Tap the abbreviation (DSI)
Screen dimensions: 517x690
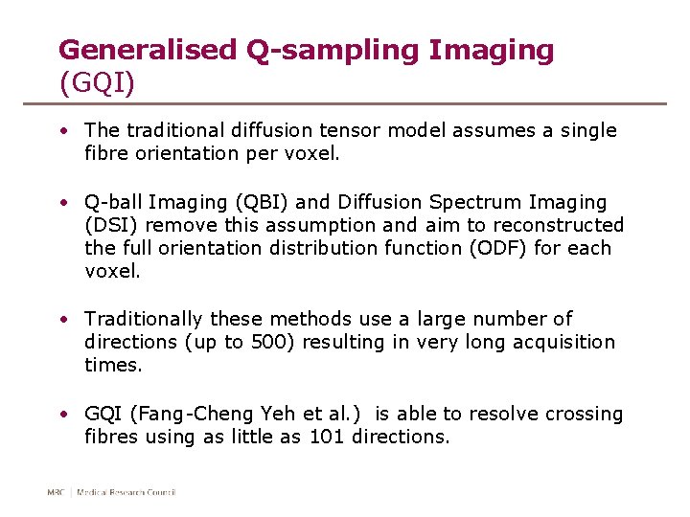pos(110,226)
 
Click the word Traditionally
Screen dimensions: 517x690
pos(144,319)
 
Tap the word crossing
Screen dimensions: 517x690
pos(584,415)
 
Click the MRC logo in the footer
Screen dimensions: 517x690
pos(57,493)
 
